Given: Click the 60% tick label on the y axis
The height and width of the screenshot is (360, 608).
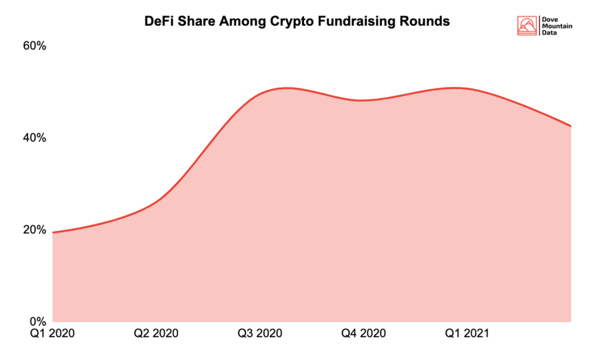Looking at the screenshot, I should click(34, 46).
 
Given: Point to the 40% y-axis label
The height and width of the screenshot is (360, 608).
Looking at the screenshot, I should click(34, 137).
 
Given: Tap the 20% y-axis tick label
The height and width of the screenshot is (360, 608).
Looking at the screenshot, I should click(34, 229).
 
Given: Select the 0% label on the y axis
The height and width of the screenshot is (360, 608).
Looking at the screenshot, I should click(37, 322).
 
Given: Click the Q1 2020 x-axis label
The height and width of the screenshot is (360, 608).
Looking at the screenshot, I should click(52, 334).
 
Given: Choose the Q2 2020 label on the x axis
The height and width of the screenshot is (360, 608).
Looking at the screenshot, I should click(156, 334).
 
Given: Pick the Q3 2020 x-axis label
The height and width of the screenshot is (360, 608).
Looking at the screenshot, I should click(260, 334).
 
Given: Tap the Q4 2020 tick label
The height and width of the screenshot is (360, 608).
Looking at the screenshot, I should click(364, 334).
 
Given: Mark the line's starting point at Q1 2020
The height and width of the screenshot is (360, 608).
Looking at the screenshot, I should click(52, 232).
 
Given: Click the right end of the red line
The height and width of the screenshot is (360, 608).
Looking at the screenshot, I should click(571, 126).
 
